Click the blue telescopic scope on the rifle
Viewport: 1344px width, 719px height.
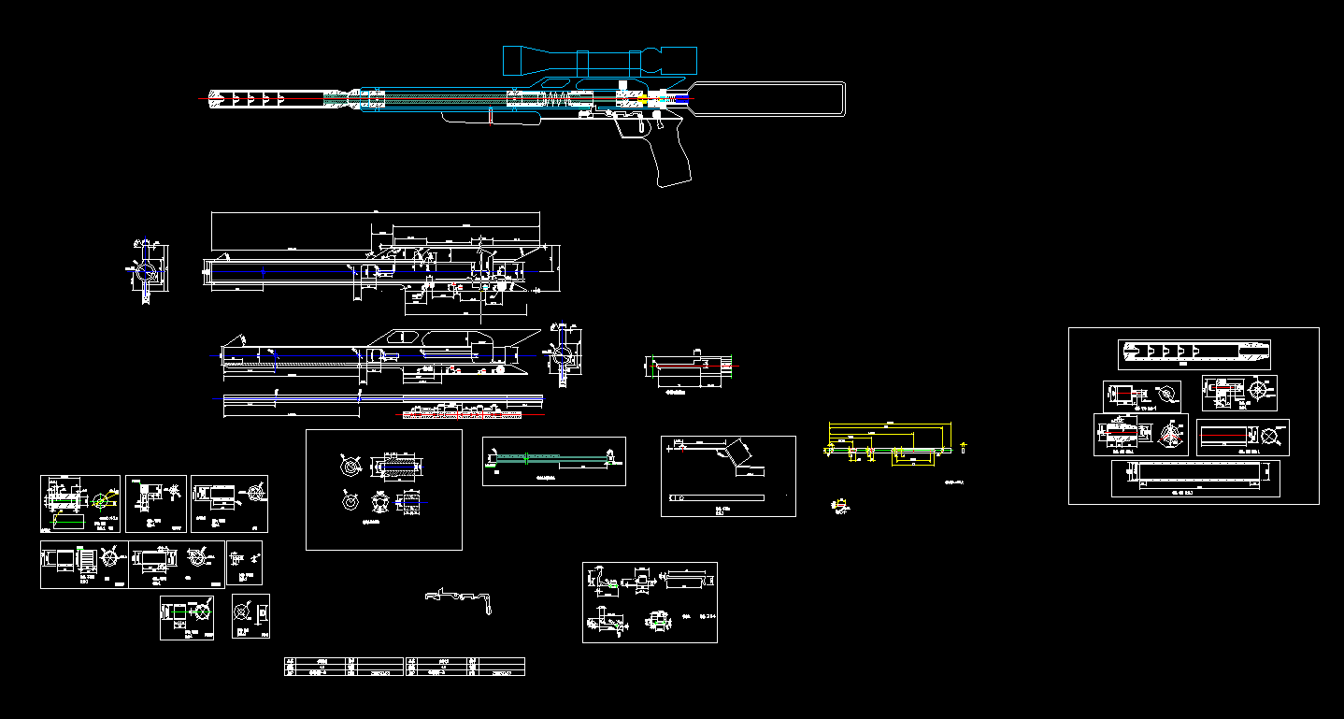pos(599,61)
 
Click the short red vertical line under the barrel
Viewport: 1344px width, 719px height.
pos(491,117)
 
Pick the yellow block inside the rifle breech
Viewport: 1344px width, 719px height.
pos(642,96)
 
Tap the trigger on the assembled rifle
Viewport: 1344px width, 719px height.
pos(642,125)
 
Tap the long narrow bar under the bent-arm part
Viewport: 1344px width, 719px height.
pos(716,496)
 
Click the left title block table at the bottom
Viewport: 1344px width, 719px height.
pos(343,666)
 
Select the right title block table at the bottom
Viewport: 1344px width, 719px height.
pos(465,666)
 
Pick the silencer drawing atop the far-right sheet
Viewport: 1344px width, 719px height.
pos(1194,353)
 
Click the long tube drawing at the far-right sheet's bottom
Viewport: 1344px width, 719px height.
pos(1195,477)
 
